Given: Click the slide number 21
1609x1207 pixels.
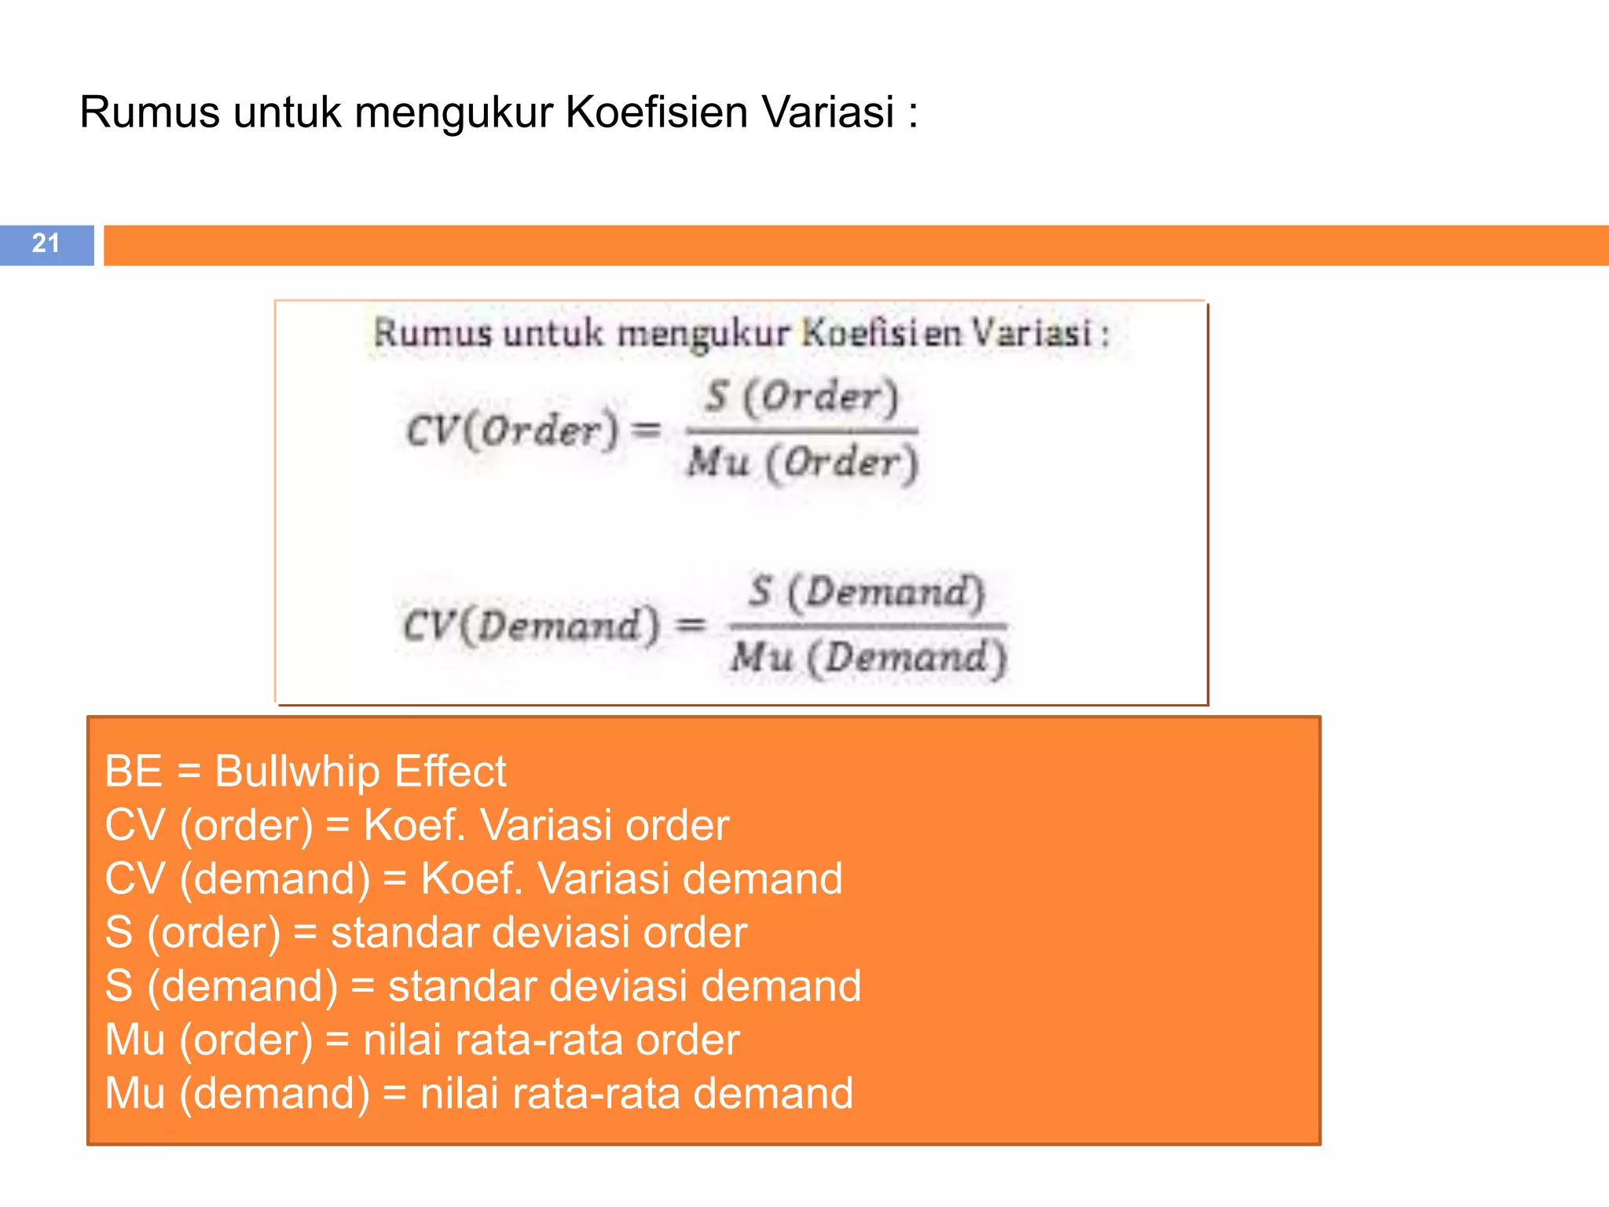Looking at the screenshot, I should [46, 244].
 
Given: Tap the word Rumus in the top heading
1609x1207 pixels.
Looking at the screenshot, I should [149, 112].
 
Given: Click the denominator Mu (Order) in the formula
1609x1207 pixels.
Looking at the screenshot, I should [802, 462].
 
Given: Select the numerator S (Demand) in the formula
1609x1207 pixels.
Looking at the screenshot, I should [867, 591].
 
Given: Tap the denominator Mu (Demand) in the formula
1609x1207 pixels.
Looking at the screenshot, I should [867, 657].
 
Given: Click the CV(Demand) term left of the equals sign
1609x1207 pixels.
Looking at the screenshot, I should [531, 626].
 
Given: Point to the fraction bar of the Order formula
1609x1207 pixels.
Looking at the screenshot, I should [801, 430].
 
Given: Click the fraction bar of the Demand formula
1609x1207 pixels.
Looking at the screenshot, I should [867, 626].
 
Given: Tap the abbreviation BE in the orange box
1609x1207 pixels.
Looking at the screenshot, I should [134, 771].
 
